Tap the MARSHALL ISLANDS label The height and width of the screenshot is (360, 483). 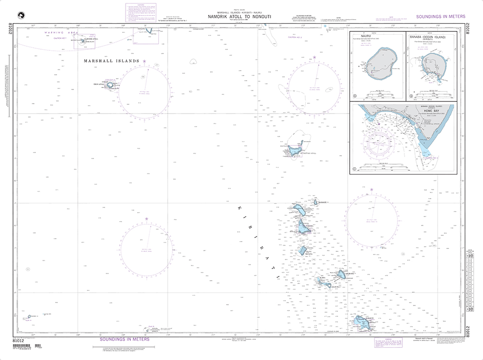point(112,61)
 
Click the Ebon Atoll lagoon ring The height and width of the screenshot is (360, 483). point(111,85)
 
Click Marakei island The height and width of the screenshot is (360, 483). point(316,202)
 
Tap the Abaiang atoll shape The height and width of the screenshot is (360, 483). point(300,211)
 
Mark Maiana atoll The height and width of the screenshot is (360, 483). point(303,250)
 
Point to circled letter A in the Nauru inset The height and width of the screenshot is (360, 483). point(355,96)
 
